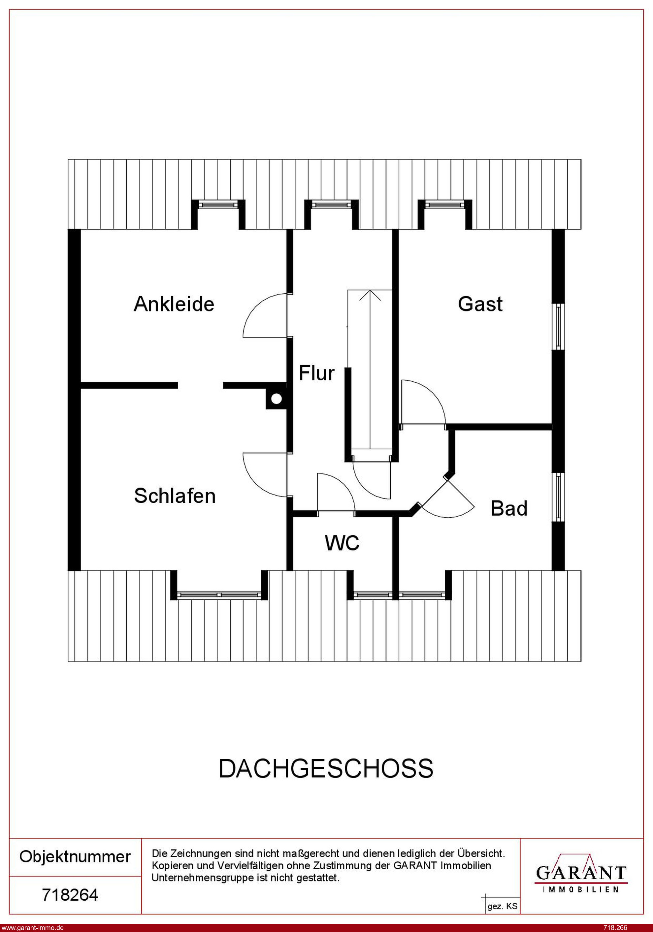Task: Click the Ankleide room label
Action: (174, 304)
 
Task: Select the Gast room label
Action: (480, 304)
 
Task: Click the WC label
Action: (342, 543)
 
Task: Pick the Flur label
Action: (317, 373)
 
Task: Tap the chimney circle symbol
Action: (276, 399)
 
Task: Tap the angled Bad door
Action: (448, 498)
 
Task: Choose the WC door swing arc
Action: (336, 492)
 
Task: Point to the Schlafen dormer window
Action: (219, 595)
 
